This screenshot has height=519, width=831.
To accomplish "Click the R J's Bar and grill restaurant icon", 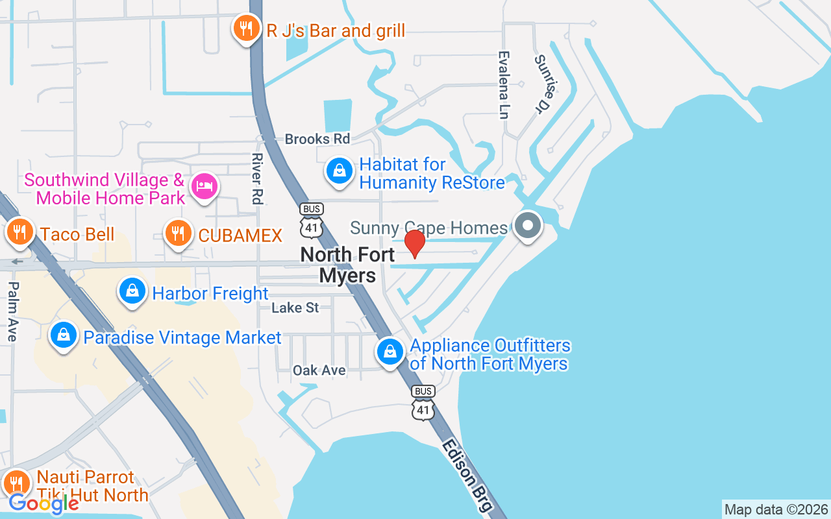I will point(246,29).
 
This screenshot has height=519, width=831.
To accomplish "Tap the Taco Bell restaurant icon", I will point(19,232).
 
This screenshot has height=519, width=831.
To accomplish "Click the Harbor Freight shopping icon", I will point(132,291).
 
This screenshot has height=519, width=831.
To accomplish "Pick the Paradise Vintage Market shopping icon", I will point(64,335).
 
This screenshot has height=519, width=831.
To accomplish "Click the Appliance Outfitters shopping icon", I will point(390,352).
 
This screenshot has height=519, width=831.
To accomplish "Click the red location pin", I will point(415,243).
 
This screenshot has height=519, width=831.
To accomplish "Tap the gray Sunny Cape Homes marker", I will point(528,226).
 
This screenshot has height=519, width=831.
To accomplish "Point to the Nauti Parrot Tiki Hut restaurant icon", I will point(16,483).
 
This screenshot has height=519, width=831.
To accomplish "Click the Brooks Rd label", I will point(317,139).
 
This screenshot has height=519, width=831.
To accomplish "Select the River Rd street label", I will point(257,178).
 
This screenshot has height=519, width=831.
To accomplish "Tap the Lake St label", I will point(295,307).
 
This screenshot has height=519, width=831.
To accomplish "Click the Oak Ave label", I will point(319,370).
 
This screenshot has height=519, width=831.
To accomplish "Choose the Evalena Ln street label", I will point(503,85).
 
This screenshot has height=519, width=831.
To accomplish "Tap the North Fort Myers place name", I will point(348,265).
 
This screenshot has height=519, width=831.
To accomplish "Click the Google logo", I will point(43,503).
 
